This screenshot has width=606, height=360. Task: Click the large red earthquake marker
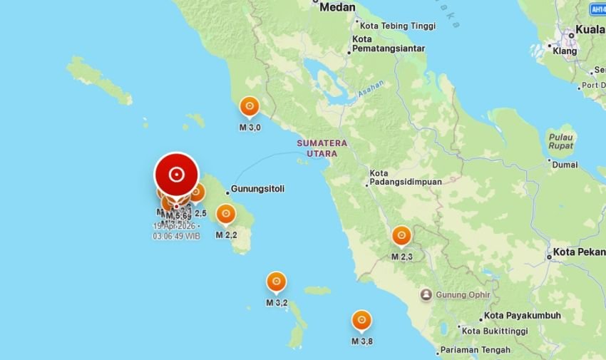(x=176, y=174)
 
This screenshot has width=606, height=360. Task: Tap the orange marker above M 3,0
(x=249, y=107)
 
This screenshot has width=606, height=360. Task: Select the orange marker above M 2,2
(x=226, y=214)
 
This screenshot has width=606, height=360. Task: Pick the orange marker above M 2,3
(x=401, y=236)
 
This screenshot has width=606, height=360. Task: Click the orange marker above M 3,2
(x=276, y=282)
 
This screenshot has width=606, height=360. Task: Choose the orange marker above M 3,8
(x=361, y=321)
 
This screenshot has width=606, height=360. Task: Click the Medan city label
(x=337, y=7)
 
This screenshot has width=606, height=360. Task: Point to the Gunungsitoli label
(x=257, y=190)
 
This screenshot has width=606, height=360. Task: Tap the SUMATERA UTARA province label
(x=322, y=148)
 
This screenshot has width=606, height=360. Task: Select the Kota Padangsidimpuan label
(x=405, y=178)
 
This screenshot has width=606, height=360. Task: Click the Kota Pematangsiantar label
(x=388, y=43)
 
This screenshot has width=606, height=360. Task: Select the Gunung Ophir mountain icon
(x=426, y=294)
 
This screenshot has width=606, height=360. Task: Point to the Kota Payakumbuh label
(x=522, y=316)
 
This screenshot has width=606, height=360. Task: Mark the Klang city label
(x=565, y=51)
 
